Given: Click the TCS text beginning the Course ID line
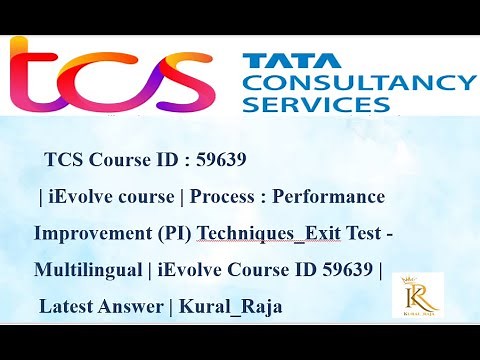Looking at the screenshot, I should pyautogui.click(x=66, y=161).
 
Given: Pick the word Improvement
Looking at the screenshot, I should pyautogui.click(x=86, y=234).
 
